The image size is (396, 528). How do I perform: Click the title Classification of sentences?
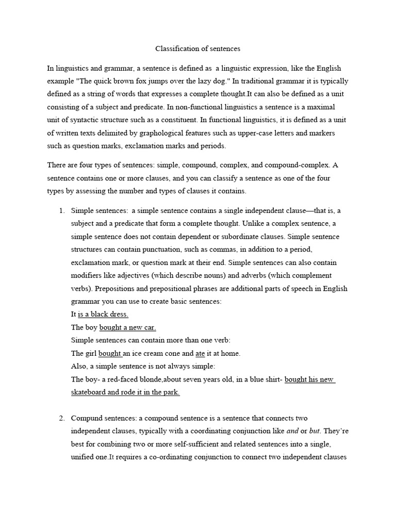coord(198,49)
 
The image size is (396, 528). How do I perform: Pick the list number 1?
coord(61,210)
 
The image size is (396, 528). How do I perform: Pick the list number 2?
coord(61,418)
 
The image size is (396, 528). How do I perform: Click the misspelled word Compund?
coord(86,418)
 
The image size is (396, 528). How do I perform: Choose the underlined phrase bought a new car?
coord(127,327)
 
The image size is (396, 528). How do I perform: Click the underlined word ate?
coord(201,353)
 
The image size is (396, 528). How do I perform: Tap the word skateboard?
coord(88,392)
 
